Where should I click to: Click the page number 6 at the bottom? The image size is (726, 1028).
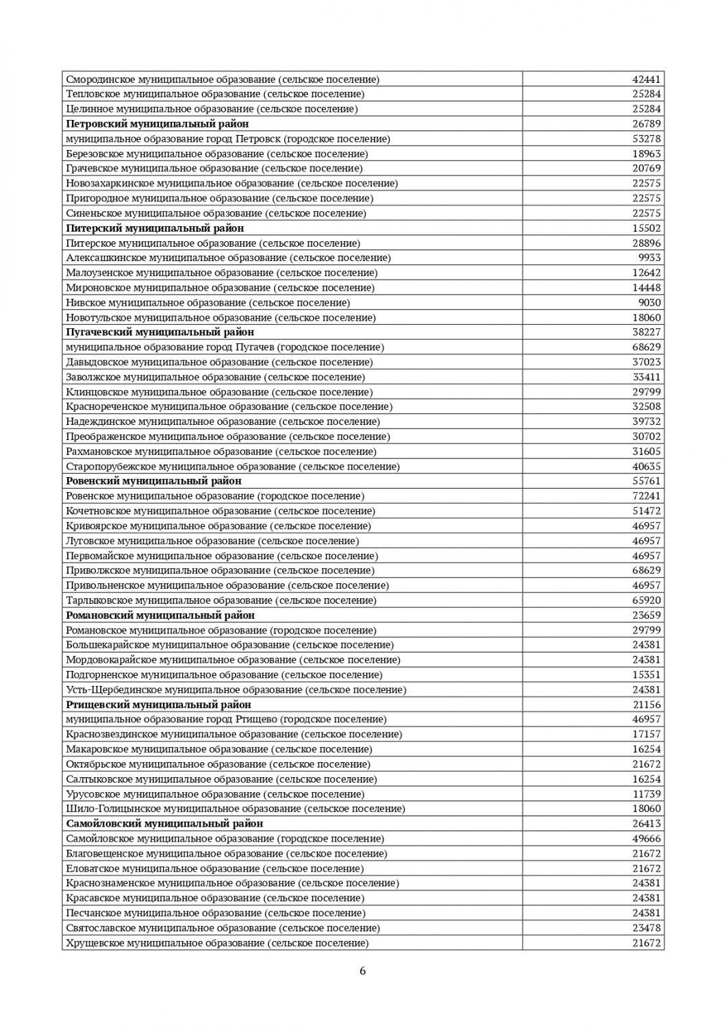pos(363,970)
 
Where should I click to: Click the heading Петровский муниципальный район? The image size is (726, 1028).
pos(158,124)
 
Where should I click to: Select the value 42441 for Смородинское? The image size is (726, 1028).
pos(646,79)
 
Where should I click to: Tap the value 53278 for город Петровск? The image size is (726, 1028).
pos(646,139)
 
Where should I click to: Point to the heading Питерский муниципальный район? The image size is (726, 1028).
pos(155,228)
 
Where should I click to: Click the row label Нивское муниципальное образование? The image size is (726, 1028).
pos(208,302)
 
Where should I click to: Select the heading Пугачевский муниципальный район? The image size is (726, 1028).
pos(160,332)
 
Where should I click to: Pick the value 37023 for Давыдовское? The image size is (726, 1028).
pos(646,362)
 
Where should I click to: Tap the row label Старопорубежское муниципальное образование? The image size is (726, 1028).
pos(232,467)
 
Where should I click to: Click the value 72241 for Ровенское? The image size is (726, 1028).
pos(646,496)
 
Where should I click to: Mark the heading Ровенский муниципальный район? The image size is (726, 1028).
pos(153,481)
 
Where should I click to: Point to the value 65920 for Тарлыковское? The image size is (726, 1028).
pos(646,600)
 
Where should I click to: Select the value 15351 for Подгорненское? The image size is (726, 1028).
pos(646,675)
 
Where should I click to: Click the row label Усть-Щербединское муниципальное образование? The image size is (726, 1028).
pos(236,690)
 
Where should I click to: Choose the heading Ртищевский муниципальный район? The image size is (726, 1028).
pos(158,705)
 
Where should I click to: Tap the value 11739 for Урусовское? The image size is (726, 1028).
pos(646,794)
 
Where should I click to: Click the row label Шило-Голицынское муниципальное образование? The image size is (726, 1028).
pos(235,809)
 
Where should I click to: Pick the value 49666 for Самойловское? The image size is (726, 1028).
pos(646,839)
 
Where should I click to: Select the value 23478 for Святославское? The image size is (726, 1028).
pos(646,928)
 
